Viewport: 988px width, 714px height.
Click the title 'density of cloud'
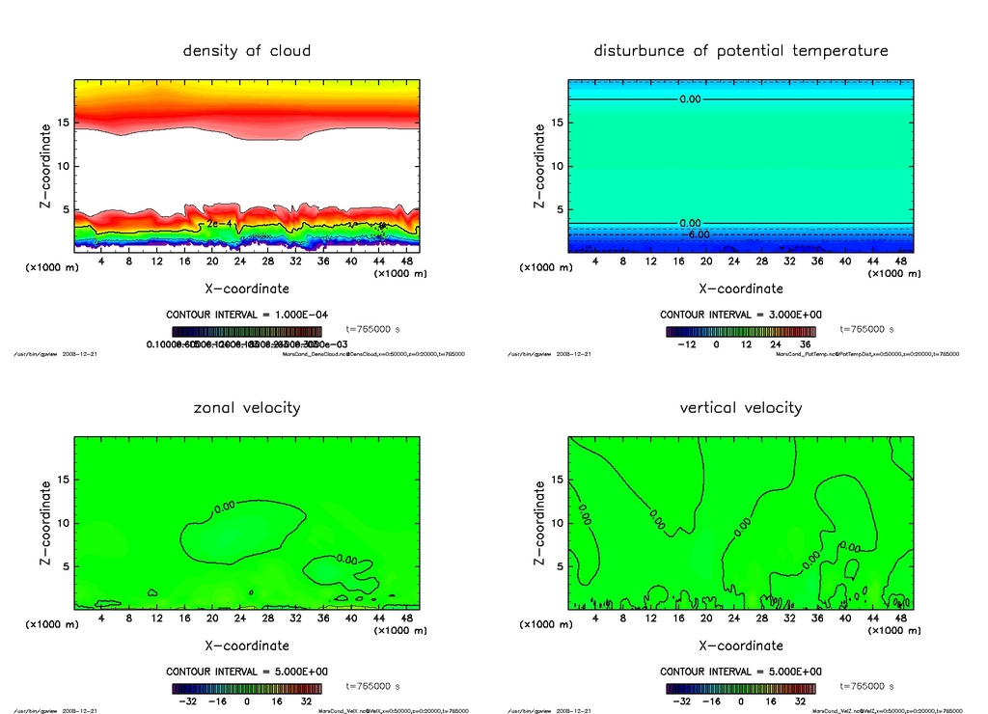[x=247, y=50]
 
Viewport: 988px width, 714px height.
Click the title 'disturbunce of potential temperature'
[x=741, y=50]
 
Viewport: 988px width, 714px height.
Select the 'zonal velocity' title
[x=247, y=407]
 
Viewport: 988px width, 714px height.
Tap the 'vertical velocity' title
[x=741, y=407]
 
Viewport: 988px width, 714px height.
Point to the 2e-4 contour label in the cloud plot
[x=219, y=223]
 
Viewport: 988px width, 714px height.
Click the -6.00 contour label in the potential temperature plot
[x=696, y=234]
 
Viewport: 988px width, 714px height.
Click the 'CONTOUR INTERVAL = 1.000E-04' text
[x=247, y=315]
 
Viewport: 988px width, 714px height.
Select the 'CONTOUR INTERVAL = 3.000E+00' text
[x=741, y=315]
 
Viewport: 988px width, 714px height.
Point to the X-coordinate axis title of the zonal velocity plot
[x=247, y=645]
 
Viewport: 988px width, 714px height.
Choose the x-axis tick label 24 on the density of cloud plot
[x=240, y=261]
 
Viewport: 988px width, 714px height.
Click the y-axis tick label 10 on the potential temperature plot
[x=553, y=166]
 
